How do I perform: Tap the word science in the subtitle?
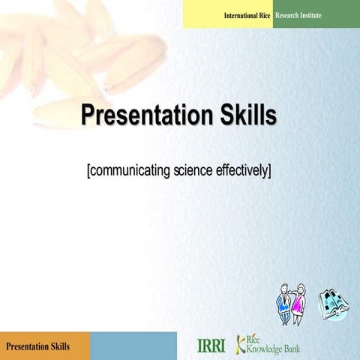193,170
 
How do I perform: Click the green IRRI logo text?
211,346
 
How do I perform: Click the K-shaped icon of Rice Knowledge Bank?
241,343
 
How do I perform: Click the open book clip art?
331,304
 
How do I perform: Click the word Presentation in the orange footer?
28,346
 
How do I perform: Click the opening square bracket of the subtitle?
89,171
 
